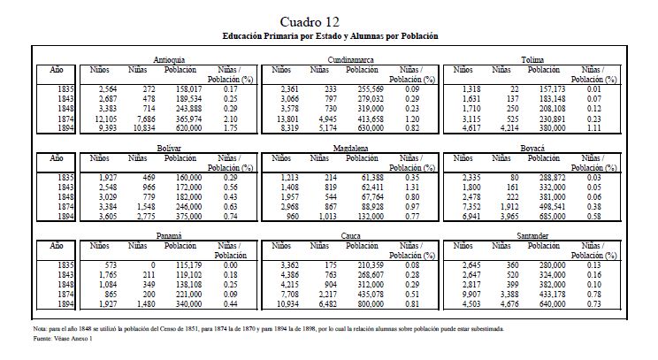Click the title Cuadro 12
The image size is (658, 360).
[327, 21]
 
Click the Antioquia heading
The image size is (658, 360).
[168, 58]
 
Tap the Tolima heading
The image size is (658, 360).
[533, 58]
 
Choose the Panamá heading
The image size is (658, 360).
[168, 237]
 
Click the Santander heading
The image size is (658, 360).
[534, 237]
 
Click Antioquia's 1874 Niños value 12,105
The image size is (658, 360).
[103, 118]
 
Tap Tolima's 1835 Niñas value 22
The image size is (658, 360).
[513, 89]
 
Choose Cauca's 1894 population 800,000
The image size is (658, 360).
[364, 304]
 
